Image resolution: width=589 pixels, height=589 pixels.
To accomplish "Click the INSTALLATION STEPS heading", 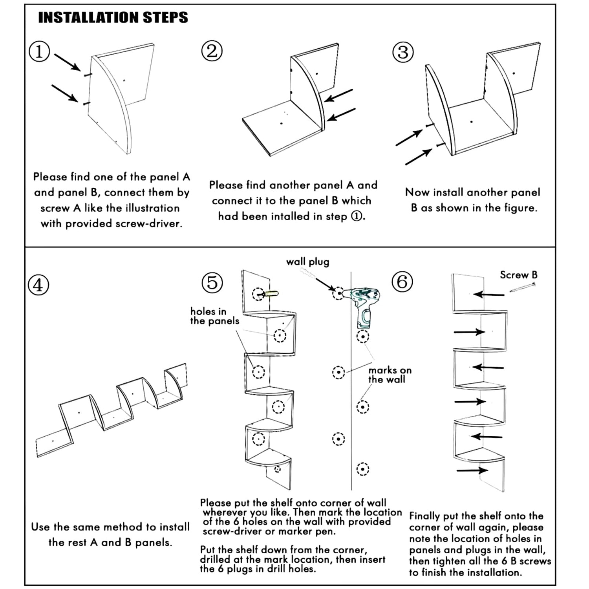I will [x=113, y=18].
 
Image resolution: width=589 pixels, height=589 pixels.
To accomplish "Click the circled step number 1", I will [x=39, y=52].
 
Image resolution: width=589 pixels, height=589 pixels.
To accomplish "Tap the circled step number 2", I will [x=212, y=51].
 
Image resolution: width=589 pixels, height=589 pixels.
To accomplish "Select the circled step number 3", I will [x=403, y=53].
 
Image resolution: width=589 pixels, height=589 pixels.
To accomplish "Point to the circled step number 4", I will [x=38, y=285].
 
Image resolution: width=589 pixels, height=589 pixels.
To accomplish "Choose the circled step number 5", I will [x=212, y=283].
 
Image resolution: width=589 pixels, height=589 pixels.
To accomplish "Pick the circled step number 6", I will [x=402, y=282].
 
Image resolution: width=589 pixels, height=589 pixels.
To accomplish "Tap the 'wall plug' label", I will [x=307, y=262].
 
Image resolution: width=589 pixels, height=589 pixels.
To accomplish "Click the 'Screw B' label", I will [x=518, y=275].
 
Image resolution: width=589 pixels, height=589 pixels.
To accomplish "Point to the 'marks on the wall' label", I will [x=390, y=375].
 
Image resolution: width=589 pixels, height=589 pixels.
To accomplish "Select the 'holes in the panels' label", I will [x=214, y=316].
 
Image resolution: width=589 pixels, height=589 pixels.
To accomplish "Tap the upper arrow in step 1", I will [x=67, y=62].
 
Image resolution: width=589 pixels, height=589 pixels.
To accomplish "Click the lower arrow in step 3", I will [x=419, y=157].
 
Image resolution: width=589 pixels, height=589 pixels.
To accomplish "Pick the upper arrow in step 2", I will [x=338, y=95].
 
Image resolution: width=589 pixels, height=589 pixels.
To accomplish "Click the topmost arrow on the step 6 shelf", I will [x=488, y=294].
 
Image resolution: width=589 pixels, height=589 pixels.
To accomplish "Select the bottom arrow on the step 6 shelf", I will [x=472, y=470].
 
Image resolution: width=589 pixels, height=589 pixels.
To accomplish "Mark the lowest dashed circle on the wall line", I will [x=362, y=469].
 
